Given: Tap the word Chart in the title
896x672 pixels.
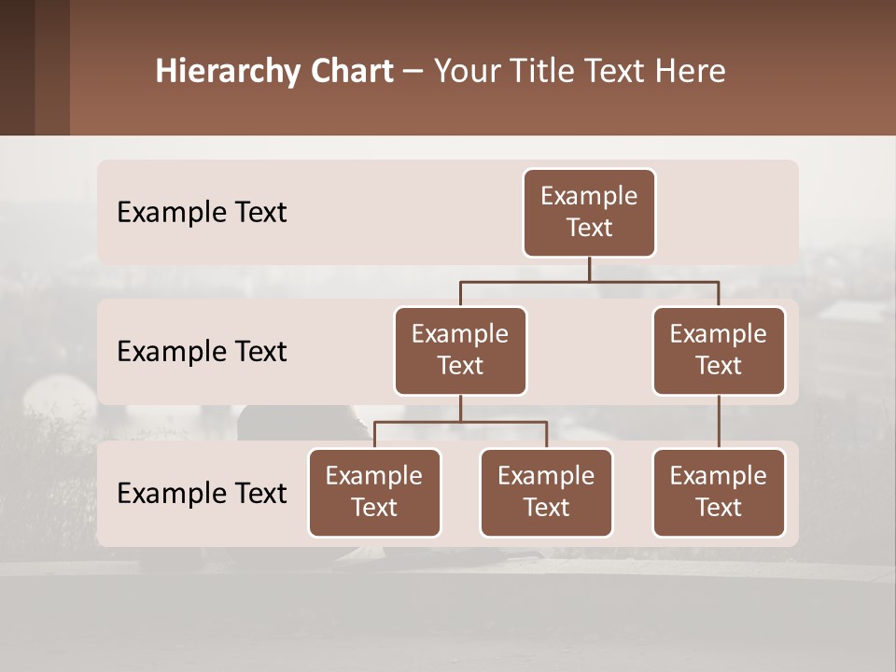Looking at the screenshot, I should click(x=349, y=72).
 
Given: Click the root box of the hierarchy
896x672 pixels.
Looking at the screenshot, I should click(x=589, y=212).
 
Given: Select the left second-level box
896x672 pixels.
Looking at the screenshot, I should click(x=460, y=350).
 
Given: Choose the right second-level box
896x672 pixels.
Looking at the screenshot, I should click(x=719, y=350).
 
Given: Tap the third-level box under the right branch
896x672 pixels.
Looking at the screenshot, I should click(x=719, y=492).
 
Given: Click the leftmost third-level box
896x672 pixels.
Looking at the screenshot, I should click(x=374, y=492).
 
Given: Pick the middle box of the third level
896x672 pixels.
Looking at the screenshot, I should click(x=546, y=492).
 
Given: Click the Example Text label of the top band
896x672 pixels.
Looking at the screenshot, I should click(x=202, y=212).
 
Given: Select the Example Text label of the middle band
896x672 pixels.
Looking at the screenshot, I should click(x=202, y=351).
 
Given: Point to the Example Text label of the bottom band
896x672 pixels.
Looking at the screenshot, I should click(x=202, y=493).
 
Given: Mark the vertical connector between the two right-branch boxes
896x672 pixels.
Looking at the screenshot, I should click(x=719, y=422).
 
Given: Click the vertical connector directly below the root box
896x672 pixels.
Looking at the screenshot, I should click(x=589, y=269).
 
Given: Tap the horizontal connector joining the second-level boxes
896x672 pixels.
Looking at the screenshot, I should click(x=589, y=281).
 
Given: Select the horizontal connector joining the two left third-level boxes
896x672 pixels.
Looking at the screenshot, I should click(x=460, y=422).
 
